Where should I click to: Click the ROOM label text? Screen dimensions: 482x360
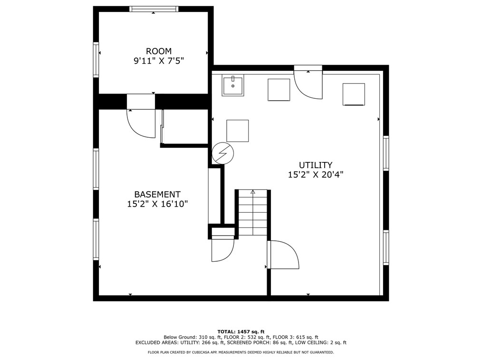pyautogui.click(x=159, y=51)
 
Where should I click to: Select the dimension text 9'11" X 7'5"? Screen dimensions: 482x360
pyautogui.click(x=159, y=61)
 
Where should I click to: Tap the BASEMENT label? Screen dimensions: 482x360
pyautogui.click(x=157, y=194)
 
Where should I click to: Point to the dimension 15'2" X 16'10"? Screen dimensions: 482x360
pyautogui.click(x=157, y=204)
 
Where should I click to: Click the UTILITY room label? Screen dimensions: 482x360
pyautogui.click(x=316, y=165)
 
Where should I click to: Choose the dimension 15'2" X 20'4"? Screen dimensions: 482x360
pyautogui.click(x=316, y=175)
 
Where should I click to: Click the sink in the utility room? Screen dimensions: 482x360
pyautogui.click(x=233, y=85)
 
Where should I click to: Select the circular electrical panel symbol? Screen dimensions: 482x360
pyautogui.click(x=223, y=153)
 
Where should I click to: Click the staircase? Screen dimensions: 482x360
pyautogui.click(x=253, y=213)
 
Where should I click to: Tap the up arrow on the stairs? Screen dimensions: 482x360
pyautogui.click(x=253, y=192)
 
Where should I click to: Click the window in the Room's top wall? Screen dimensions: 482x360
pyautogui.click(x=154, y=9)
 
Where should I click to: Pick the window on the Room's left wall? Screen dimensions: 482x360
pyautogui.click(x=96, y=59)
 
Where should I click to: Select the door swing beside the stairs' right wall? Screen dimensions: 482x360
pyautogui.click(x=283, y=255)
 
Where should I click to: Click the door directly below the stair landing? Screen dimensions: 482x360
pyautogui.click(x=223, y=249)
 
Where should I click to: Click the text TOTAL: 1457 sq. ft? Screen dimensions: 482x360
pyautogui.click(x=241, y=332)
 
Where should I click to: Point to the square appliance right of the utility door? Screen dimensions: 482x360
pyautogui.click(x=354, y=95)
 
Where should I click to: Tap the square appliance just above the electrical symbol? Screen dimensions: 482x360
pyautogui.click(x=238, y=131)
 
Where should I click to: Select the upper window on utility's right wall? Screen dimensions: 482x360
pyautogui.click(x=386, y=153)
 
